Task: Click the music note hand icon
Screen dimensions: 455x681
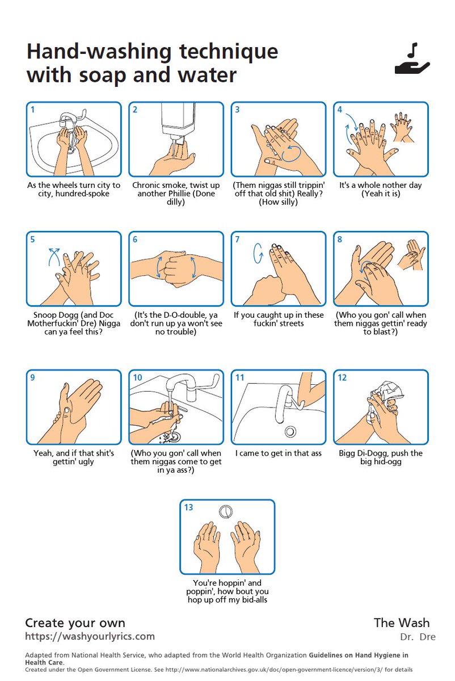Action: click(412, 58)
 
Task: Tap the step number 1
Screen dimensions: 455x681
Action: click(32, 110)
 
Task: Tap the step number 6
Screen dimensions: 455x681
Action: click(135, 239)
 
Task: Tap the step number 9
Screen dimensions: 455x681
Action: click(32, 377)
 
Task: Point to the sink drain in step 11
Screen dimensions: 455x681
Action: click(290, 431)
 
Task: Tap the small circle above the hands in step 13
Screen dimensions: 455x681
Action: click(226, 511)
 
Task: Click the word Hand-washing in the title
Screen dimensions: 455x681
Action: click(99, 52)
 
